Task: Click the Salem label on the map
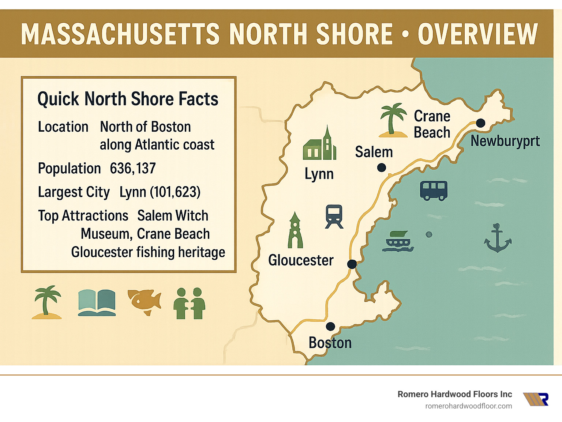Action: [x=374, y=152]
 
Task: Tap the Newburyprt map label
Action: [x=505, y=141]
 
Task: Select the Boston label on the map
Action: [x=330, y=343]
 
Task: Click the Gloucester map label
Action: [x=301, y=260]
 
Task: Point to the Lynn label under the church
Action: [x=319, y=174]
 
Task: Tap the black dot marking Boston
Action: [x=330, y=326]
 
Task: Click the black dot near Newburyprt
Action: [x=480, y=123]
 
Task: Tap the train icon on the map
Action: [x=334, y=216]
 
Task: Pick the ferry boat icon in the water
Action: [x=398, y=242]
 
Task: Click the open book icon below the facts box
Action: [x=97, y=303]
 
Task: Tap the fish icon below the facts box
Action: [x=145, y=302]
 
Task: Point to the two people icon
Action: [x=189, y=304]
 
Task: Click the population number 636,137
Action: [x=133, y=169]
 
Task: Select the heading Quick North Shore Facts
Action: [x=128, y=99]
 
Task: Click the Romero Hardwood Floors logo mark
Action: [x=536, y=399]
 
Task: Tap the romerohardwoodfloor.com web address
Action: [x=468, y=406]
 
